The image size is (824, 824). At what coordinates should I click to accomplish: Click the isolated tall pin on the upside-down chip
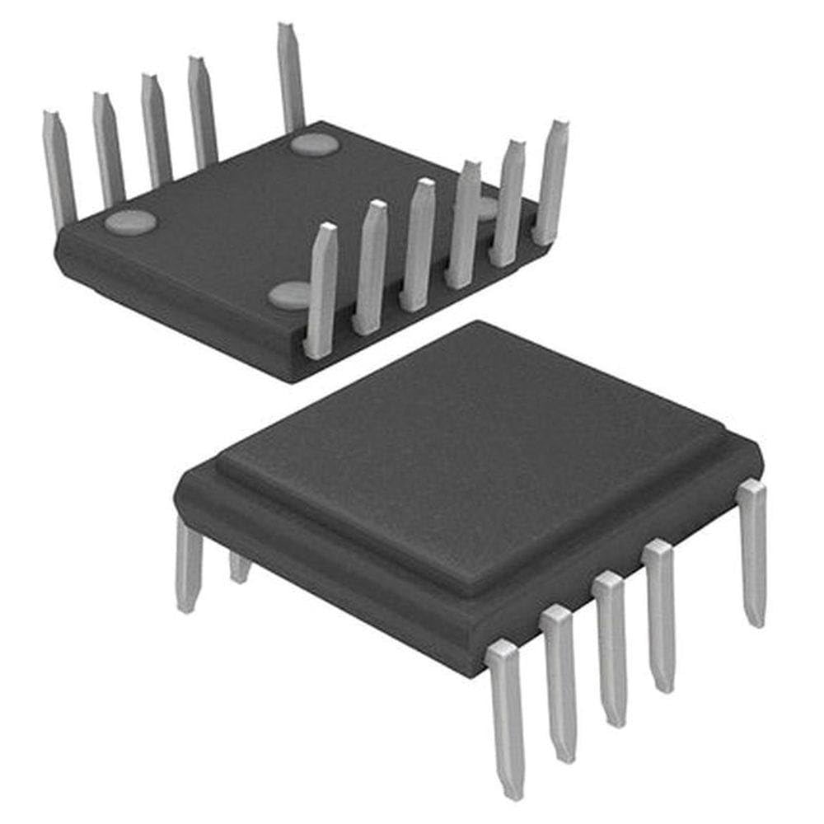coord(290,78)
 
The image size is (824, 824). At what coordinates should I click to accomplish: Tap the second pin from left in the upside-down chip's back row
coord(107,148)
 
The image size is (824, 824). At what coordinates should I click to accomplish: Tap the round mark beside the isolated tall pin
coord(315,145)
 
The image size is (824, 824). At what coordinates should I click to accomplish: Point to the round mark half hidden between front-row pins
coord(486,208)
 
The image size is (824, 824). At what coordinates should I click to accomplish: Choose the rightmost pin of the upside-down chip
coord(550,181)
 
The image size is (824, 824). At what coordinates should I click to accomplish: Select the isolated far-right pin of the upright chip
coord(752,552)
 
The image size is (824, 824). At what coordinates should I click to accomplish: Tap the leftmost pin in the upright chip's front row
coord(506,717)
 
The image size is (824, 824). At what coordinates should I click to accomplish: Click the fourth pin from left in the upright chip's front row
coord(659,614)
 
